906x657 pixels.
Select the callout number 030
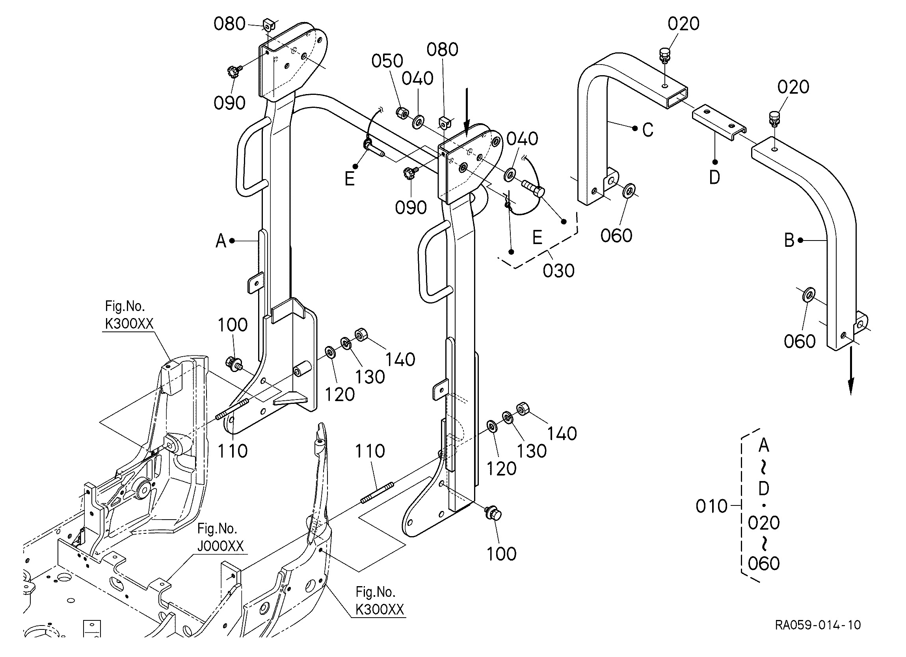[558, 270]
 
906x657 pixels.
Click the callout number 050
[387, 61]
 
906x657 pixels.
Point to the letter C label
[648, 130]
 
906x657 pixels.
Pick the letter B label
[789, 240]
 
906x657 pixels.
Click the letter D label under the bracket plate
[714, 177]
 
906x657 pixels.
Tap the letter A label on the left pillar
[221, 241]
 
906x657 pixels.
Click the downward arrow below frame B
[851, 372]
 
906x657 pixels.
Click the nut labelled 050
[402, 113]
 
